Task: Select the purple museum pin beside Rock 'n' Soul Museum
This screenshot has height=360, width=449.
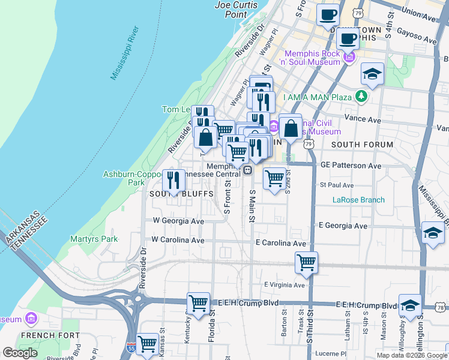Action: coord(349,57)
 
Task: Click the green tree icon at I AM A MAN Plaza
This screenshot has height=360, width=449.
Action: coord(361,96)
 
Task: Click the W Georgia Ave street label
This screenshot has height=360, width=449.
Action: coord(178,221)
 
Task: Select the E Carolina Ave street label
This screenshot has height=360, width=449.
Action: coord(281,244)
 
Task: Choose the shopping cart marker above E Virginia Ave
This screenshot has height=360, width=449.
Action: coord(306,262)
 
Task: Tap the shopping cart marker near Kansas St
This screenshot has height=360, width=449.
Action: coord(147,344)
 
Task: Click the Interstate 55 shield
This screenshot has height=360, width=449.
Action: coord(131,348)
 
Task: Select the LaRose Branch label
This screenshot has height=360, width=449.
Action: coord(359,200)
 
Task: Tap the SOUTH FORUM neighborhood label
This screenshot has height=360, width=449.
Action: coord(362,145)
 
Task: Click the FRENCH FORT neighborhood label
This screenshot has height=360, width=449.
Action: coord(42,335)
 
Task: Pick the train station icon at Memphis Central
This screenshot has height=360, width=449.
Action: coord(247,170)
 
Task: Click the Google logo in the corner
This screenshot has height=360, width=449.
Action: coord(20,353)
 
